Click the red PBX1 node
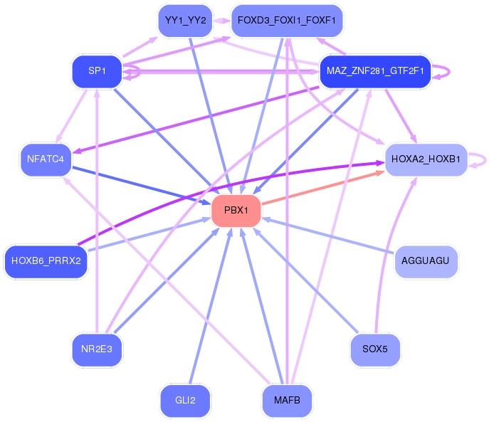[x=236, y=211]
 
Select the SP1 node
[x=97, y=71]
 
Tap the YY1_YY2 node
[x=185, y=21]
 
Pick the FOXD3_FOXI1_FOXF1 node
[x=287, y=21]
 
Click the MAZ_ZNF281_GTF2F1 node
[x=375, y=71]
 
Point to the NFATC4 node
[x=46, y=159]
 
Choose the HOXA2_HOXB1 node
[x=426, y=159]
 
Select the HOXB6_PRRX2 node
[x=46, y=261]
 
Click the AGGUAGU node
[x=426, y=261]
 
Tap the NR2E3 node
[x=97, y=349]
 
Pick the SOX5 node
[x=375, y=349]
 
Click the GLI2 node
[x=185, y=401]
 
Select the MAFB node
[x=287, y=401]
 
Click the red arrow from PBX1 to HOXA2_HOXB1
[x=322, y=187]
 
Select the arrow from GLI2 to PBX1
[x=211, y=306]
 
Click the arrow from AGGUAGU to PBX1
[x=328, y=236]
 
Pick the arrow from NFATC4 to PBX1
[x=141, y=186]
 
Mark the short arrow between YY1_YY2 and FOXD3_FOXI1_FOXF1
[x=222, y=21]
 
